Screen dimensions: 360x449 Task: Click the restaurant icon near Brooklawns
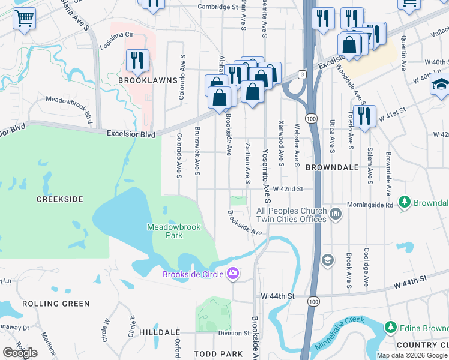click(137, 61)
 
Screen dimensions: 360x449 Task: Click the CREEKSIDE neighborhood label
click(59, 199)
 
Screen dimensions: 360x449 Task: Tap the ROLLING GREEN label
click(56, 304)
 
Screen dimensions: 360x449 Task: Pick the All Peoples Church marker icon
click(336, 213)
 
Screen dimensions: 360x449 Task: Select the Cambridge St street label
click(218, 7)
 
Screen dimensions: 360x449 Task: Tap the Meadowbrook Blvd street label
click(71, 106)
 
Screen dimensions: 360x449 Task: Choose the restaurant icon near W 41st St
click(364, 116)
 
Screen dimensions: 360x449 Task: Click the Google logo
click(20, 352)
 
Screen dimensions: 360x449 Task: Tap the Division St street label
click(234, 333)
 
